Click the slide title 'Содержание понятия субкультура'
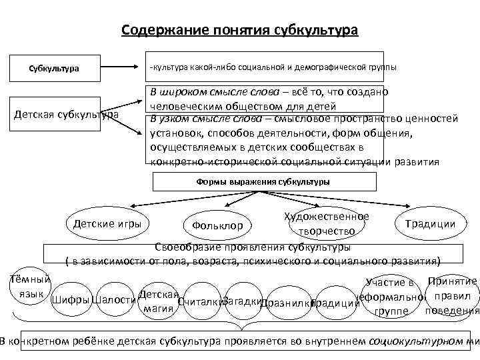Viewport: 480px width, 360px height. (x=240, y=31)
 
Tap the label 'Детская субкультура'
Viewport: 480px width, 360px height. (x=66, y=115)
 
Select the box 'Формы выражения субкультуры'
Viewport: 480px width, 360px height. (x=263, y=181)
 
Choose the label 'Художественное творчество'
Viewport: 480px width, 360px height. (x=326, y=223)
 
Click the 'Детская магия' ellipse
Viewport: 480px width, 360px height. (x=158, y=301)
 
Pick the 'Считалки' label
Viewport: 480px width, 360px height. (x=201, y=301)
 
